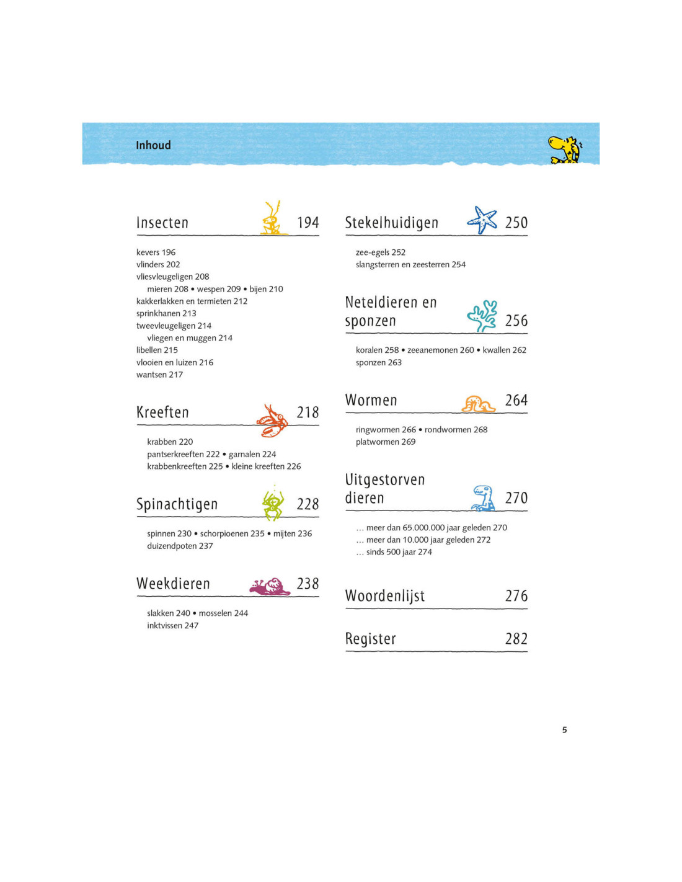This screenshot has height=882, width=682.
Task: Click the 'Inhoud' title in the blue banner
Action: (153, 145)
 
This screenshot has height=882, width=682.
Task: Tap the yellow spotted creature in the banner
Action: (564, 149)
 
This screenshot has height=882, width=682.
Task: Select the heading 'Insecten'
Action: (162, 223)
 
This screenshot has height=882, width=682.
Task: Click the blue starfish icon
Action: (482, 220)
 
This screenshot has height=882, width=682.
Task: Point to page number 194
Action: (308, 223)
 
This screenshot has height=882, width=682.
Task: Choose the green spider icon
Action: (273, 504)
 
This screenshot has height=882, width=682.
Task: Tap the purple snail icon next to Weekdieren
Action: (270, 586)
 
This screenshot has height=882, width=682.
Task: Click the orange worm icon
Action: (477, 404)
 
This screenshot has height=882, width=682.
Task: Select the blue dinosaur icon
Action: (483, 499)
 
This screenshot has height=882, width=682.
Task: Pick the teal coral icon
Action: (482, 316)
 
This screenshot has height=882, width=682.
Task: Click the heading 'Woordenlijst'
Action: (385, 596)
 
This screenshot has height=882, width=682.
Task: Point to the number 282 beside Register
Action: (516, 639)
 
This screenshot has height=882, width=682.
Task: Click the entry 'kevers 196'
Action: (156, 252)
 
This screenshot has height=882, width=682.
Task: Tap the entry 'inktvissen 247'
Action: (172, 625)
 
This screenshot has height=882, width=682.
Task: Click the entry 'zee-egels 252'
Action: (380, 252)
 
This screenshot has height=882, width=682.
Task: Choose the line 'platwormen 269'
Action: (385, 442)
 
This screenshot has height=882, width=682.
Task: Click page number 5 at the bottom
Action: (564, 730)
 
